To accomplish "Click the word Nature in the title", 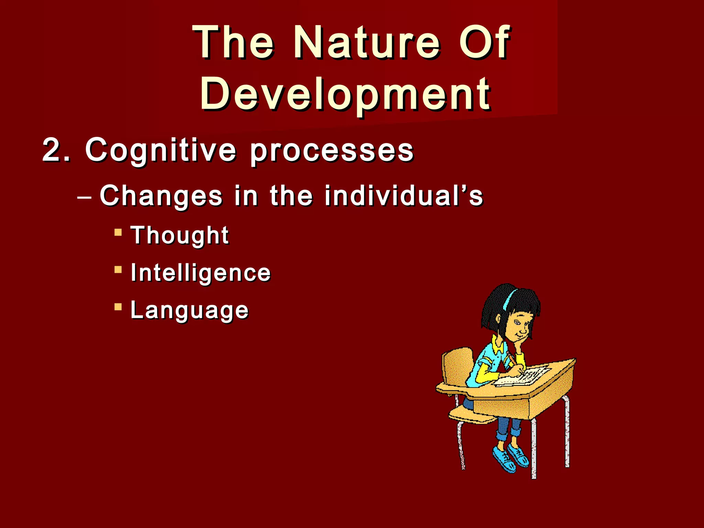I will tap(366, 43).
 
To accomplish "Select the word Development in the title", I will tap(345, 93).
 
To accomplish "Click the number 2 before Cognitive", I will tap(52, 150).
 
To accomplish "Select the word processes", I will tap(332, 151).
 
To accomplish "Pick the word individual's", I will tap(404, 196).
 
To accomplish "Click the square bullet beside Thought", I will tap(118, 233).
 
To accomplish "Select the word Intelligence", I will tap(201, 273).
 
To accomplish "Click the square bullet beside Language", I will tap(118, 307).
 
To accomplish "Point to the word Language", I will tap(189, 310).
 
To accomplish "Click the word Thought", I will tap(179, 236).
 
